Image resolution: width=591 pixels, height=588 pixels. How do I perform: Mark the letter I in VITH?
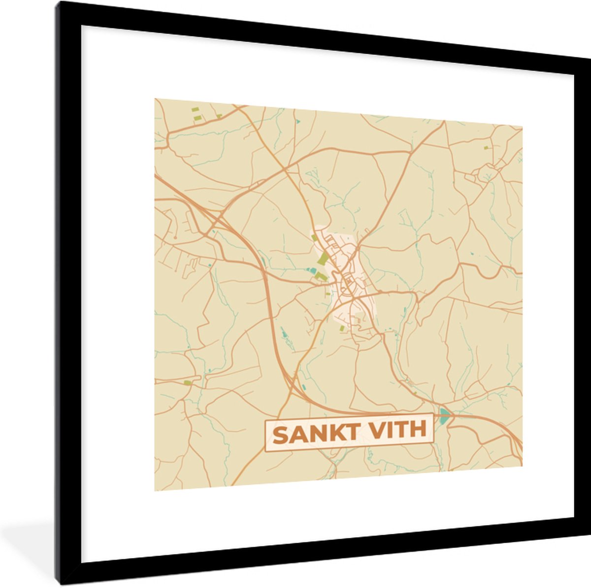(385, 431)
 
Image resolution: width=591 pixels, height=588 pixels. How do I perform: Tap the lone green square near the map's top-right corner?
(486, 147)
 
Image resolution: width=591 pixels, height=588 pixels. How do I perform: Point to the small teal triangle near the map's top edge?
(297, 120)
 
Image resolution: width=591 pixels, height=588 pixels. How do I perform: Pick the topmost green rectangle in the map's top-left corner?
(195, 109)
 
